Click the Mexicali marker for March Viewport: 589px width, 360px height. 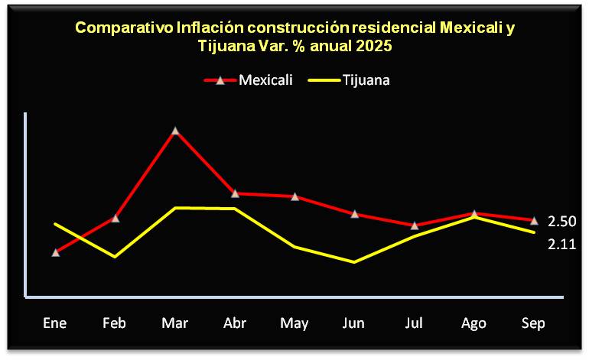tap(176, 131)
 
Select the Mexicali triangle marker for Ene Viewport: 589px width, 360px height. tap(56, 251)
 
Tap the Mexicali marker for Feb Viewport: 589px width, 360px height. tap(116, 218)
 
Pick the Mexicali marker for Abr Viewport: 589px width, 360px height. tap(235, 193)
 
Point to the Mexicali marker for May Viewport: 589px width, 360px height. tap(294, 196)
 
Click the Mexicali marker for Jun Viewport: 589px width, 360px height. tap(354, 214)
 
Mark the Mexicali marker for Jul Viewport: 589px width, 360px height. tap(415, 225)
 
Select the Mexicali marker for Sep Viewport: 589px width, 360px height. tap(534, 220)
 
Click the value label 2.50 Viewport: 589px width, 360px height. tap(561, 222)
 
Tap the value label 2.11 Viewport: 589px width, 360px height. tap(561, 245)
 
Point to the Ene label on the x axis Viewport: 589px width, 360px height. tap(55, 323)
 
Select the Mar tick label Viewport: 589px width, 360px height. tap(175, 323)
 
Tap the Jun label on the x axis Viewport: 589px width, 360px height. tap(353, 323)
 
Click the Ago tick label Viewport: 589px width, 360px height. tap(473, 323)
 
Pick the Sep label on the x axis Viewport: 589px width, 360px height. tap(533, 323)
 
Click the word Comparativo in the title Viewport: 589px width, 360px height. tap(123, 29)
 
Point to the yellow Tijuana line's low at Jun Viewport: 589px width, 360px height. tap(354, 262)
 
